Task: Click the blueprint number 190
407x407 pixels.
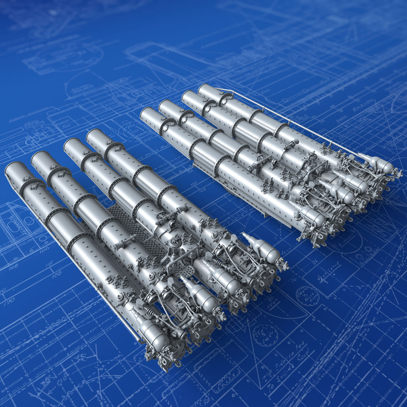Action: pyautogui.click(x=9, y=302)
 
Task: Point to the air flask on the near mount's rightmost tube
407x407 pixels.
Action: pyautogui.click(x=264, y=250)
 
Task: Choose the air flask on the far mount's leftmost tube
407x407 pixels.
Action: pyautogui.click(x=314, y=217)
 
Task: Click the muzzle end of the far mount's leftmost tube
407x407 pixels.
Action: pyautogui.click(x=147, y=114)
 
